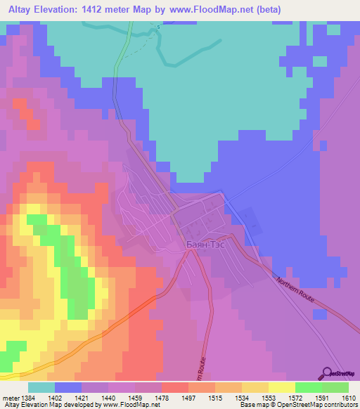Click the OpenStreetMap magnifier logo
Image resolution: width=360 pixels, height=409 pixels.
pos(327,372)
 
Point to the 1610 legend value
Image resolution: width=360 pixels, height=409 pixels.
pos(349,398)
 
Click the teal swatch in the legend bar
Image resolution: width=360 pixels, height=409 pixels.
pos(41,387)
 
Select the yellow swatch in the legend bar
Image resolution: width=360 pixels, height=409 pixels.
pos(281,387)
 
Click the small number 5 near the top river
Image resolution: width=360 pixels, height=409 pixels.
pos(158,27)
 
